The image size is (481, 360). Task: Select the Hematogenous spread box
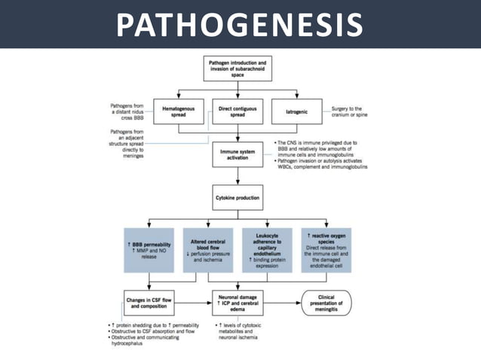coord(179,113)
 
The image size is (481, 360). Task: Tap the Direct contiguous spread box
coord(238,113)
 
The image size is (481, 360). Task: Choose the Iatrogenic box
coord(296,113)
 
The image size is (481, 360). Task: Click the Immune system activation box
coord(238,155)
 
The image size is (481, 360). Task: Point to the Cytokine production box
coord(238,198)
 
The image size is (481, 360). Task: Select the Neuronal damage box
coord(238,303)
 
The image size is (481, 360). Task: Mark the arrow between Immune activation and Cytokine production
coord(238,178)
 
